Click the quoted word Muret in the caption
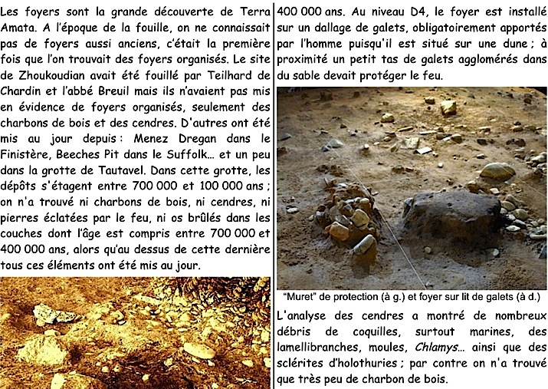point(301,299)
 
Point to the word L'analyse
point(304,315)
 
